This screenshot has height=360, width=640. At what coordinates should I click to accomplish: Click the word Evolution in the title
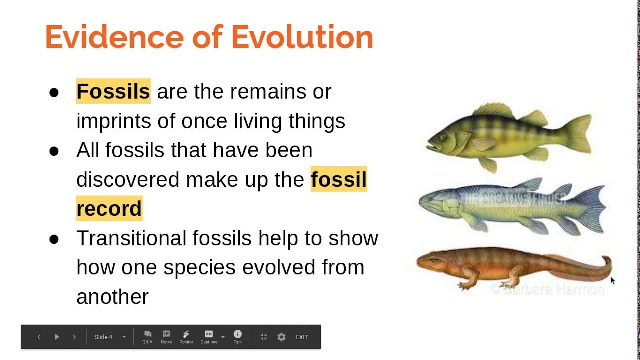point(302,37)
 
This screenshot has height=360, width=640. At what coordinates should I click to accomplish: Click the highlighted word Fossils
point(113,91)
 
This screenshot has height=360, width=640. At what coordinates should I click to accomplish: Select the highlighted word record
point(109,209)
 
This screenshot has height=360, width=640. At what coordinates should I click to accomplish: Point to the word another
point(112,297)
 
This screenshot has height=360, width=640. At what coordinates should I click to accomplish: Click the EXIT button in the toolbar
point(302,337)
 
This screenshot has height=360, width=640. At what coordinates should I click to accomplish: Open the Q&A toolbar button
point(147,337)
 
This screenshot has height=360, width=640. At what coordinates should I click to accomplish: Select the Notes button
point(166,337)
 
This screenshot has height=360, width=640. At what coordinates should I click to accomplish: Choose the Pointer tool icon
point(186,337)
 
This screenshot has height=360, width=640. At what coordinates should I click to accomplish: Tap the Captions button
point(209,337)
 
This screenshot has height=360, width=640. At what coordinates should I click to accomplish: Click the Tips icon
point(237,337)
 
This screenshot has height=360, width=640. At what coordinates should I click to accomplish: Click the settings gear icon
point(281,337)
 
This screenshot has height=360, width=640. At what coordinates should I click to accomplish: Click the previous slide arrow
point(39,337)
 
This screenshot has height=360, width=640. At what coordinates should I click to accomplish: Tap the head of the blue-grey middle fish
point(432,203)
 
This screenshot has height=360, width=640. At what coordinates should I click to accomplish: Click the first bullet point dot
point(54,92)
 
